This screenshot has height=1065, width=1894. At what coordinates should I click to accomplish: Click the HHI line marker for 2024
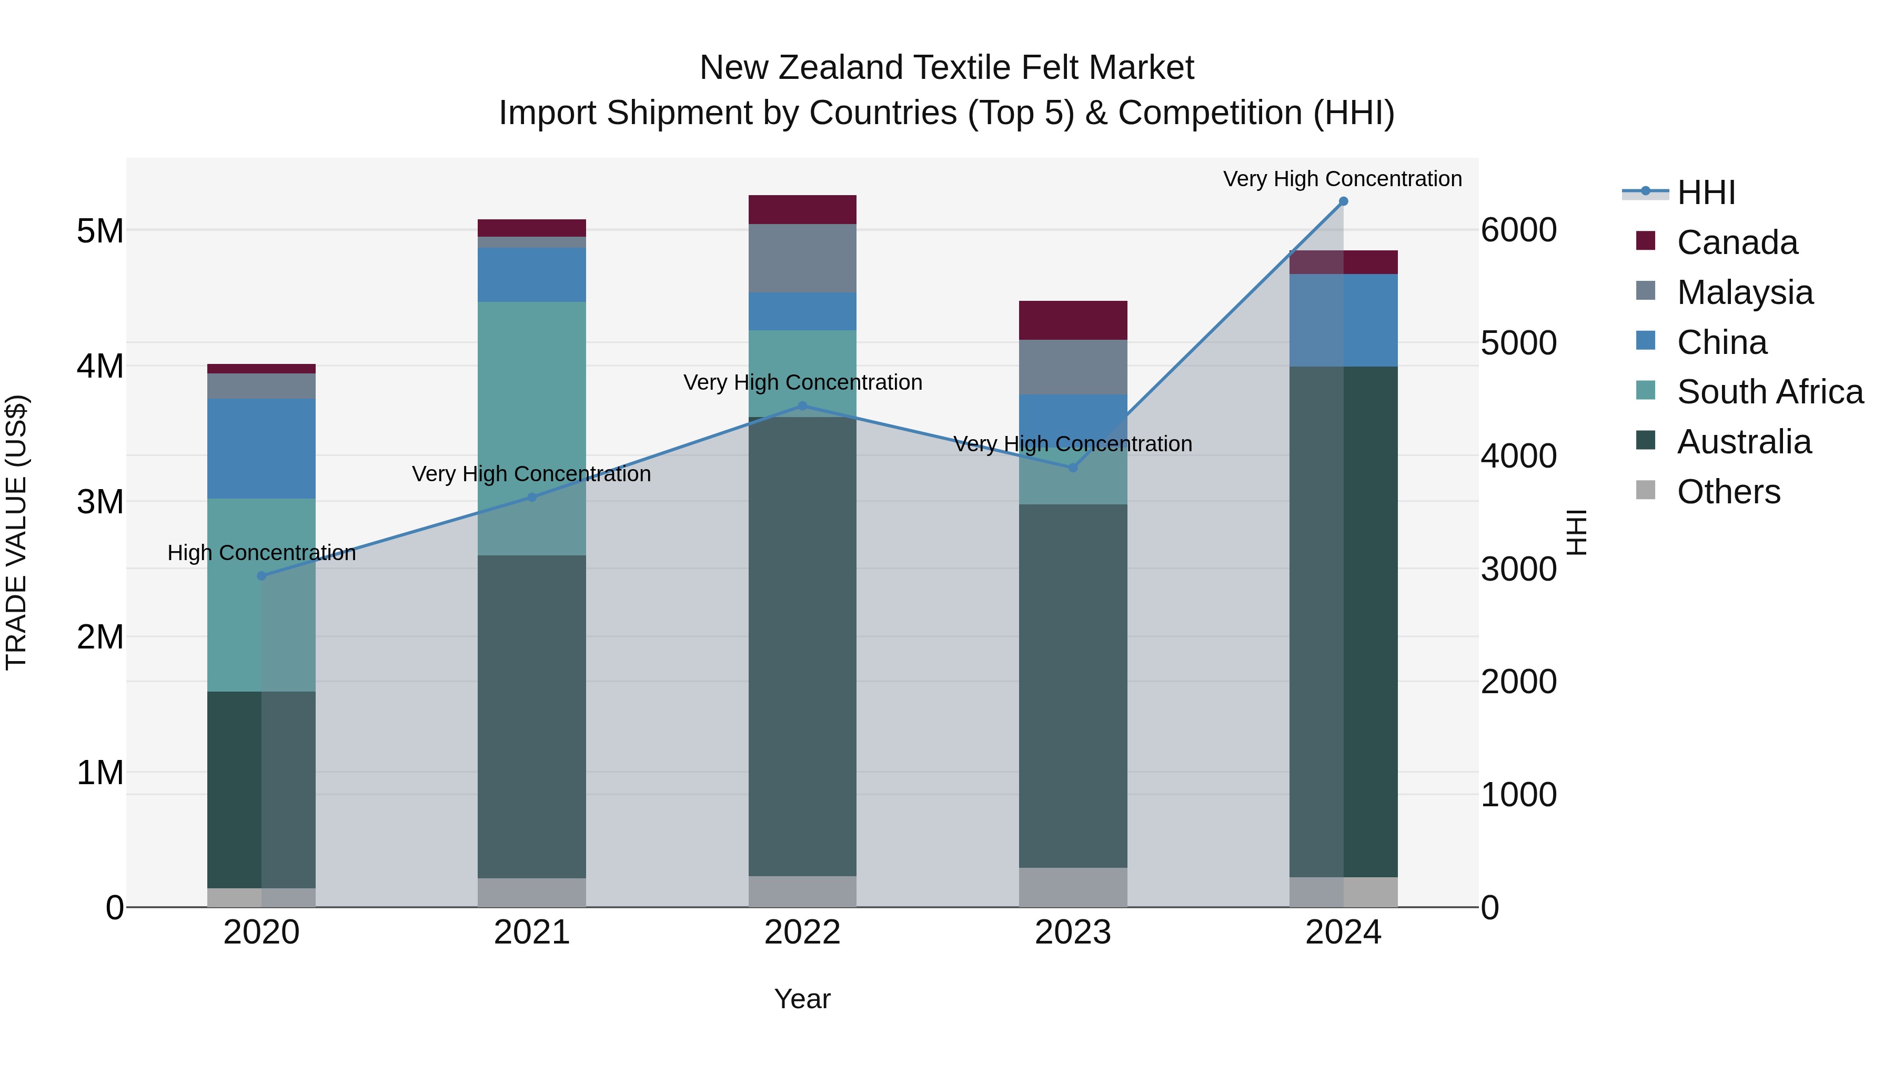1343,201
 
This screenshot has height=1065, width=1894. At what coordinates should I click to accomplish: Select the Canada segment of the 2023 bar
1073,320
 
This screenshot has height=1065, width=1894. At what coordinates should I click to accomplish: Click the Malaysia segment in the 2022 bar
802,258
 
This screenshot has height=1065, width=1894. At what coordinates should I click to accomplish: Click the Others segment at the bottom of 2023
1073,887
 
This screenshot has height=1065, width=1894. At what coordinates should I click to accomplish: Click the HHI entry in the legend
1706,192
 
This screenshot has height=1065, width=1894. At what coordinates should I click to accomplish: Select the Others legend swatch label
1728,492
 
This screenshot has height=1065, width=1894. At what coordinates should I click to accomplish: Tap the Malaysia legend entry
1744,292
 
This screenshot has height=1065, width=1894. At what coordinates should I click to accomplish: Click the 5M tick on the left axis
100,231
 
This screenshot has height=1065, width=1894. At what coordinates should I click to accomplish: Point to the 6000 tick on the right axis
1518,230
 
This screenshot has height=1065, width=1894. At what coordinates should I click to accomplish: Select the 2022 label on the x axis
802,932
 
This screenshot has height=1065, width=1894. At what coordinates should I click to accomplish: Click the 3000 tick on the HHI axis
1518,569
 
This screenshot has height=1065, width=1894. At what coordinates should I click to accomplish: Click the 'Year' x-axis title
802,999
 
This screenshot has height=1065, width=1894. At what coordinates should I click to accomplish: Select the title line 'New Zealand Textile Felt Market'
946,68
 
